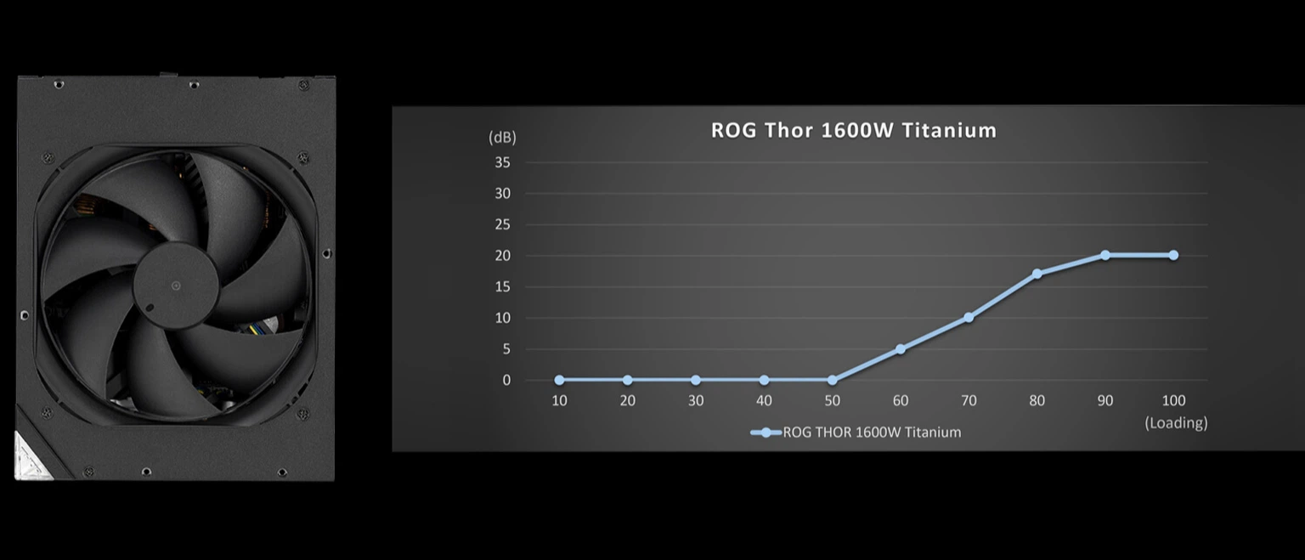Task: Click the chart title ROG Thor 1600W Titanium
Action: coord(854,130)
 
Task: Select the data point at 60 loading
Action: coord(900,349)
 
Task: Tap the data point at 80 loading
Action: coord(1037,274)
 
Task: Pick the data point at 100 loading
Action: coord(1173,255)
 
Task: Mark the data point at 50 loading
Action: coord(832,380)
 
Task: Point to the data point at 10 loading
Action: coord(559,380)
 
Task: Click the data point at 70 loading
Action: coord(969,318)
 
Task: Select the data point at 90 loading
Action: coord(1105,255)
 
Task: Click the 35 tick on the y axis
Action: coord(502,162)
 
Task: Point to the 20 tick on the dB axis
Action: coord(502,256)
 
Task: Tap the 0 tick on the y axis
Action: coord(506,380)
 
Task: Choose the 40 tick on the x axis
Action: coord(764,401)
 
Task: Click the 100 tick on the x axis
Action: coord(1173,401)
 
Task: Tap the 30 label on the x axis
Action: coord(696,401)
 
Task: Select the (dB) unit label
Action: coord(502,138)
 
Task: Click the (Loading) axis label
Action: coord(1176,422)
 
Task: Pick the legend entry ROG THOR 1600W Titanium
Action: coord(856,433)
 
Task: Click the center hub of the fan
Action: coord(176,286)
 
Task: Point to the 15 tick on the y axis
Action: coord(502,286)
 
